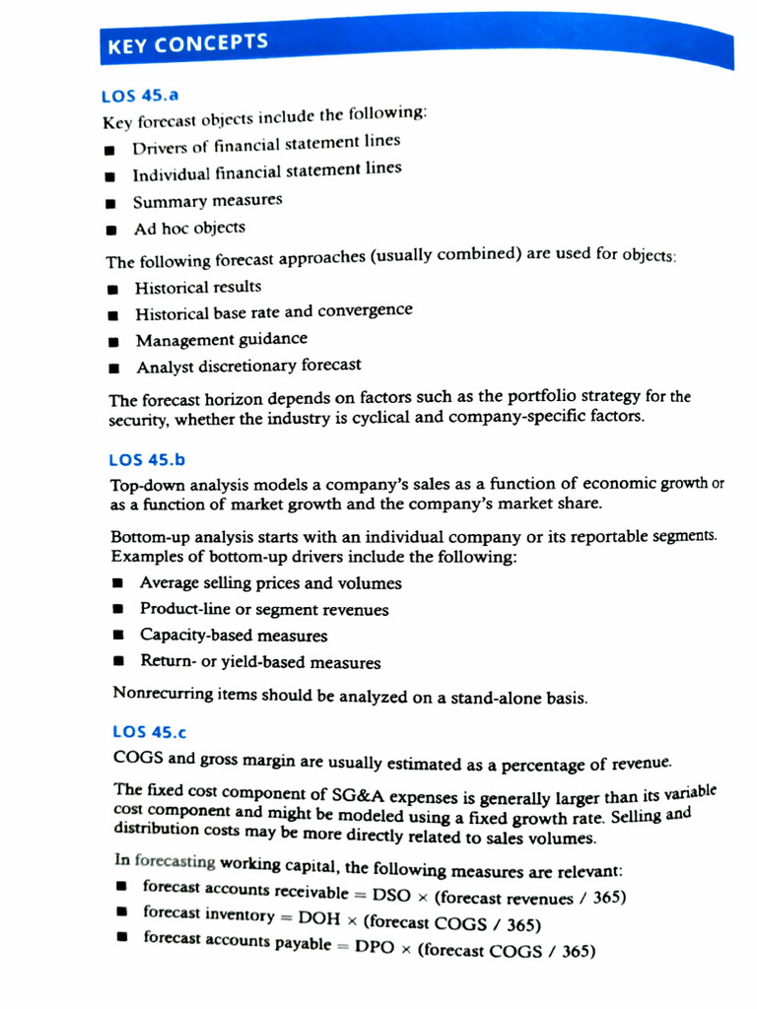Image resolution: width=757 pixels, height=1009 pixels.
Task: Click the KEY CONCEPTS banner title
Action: [x=186, y=43]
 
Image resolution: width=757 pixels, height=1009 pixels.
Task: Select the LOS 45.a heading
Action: [x=138, y=96]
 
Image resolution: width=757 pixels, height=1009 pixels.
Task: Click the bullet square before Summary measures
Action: [x=112, y=203]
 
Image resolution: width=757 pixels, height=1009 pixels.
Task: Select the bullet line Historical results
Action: [x=198, y=287]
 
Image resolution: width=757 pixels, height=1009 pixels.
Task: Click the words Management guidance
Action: [x=221, y=339]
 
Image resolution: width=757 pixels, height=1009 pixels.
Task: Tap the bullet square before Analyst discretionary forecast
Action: [x=115, y=369]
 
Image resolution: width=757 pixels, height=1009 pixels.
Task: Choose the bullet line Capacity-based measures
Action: [x=233, y=636]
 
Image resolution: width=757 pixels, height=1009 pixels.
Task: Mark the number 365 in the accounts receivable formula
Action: [x=606, y=898]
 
